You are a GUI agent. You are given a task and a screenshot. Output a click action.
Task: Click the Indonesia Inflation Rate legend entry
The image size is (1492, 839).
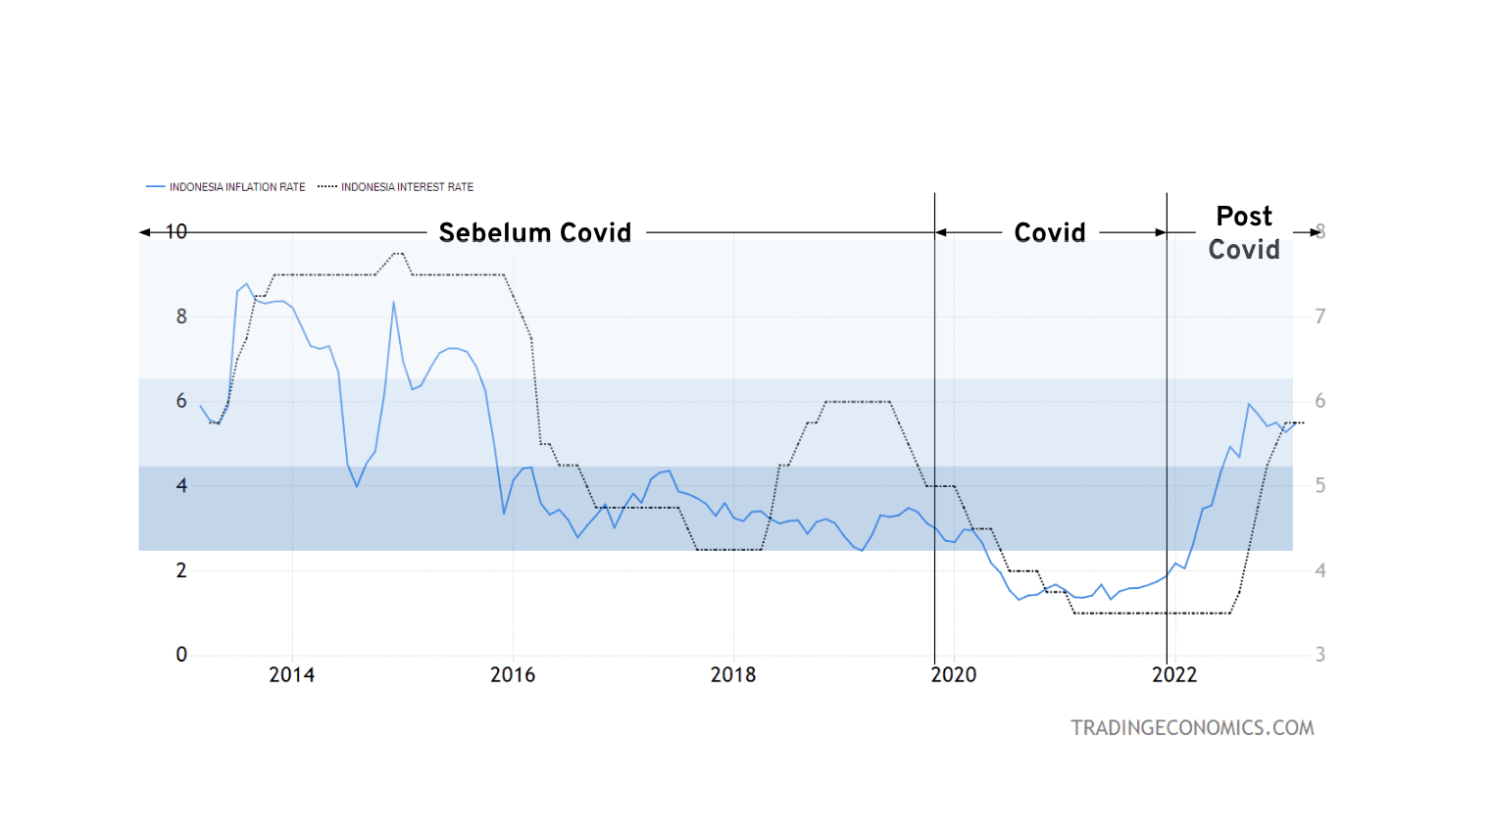tap(236, 187)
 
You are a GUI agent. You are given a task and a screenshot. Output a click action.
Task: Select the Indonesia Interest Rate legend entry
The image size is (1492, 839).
tap(406, 187)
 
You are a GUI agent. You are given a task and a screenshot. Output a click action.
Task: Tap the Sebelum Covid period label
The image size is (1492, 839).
tap(535, 233)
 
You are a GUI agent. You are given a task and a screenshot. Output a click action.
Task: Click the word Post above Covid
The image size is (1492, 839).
tap(1244, 217)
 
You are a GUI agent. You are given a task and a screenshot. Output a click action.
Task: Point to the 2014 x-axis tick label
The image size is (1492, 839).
tap(292, 675)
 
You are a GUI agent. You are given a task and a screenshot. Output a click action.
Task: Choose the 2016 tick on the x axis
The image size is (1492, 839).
tap(513, 675)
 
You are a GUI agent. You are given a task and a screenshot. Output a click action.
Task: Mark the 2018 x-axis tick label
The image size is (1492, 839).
tap(733, 675)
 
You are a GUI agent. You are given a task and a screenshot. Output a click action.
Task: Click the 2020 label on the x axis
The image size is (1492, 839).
tap(954, 675)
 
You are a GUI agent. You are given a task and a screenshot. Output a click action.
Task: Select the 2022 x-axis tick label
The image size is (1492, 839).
tap(1174, 675)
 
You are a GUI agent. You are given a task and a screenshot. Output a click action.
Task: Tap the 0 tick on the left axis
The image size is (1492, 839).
tap(181, 655)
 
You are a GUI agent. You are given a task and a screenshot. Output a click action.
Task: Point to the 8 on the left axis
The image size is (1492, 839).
tap(181, 317)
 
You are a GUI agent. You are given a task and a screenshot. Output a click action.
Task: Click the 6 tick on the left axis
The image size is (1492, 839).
tap(181, 401)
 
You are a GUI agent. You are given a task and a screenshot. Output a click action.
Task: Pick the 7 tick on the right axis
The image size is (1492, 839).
tap(1320, 317)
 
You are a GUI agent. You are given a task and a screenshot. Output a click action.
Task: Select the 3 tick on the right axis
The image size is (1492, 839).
tap(1320, 655)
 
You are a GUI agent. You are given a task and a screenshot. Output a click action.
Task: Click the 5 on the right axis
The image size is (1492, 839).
tap(1320, 485)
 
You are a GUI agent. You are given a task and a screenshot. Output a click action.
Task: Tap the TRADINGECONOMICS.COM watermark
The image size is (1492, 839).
tap(1192, 728)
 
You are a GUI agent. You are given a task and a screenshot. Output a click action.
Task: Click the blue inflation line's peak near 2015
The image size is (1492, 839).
tap(394, 302)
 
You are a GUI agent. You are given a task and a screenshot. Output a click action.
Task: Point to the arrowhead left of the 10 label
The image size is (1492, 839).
tap(145, 232)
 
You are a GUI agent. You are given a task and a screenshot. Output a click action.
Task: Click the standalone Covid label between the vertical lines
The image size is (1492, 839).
tap(1050, 233)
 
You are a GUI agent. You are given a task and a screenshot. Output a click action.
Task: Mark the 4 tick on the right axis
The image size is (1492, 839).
tap(1320, 570)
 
